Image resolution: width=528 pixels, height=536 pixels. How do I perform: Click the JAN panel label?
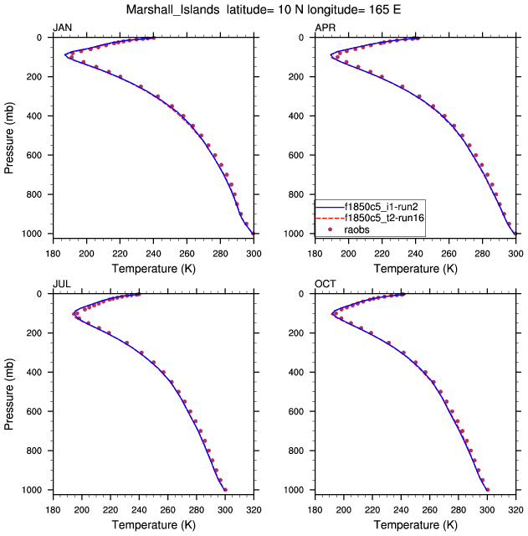click(x=62, y=28)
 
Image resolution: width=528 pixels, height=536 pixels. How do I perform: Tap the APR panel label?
click(x=325, y=28)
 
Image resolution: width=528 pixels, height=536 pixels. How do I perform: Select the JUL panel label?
click(x=61, y=284)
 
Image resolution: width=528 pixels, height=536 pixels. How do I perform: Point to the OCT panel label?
click(x=326, y=284)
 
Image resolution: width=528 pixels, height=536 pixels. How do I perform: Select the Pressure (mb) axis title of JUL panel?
click(x=10, y=392)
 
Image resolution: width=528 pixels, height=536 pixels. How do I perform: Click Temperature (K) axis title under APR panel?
click(x=416, y=269)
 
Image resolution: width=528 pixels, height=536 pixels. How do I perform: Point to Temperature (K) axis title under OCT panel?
click(x=416, y=525)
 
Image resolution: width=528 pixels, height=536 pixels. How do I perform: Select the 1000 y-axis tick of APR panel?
click(x=299, y=234)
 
